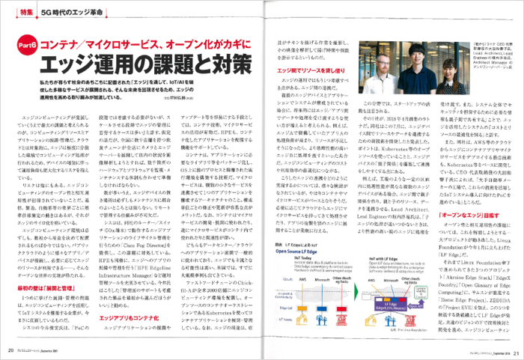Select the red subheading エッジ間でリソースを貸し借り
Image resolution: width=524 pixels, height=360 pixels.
point(308,70)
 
